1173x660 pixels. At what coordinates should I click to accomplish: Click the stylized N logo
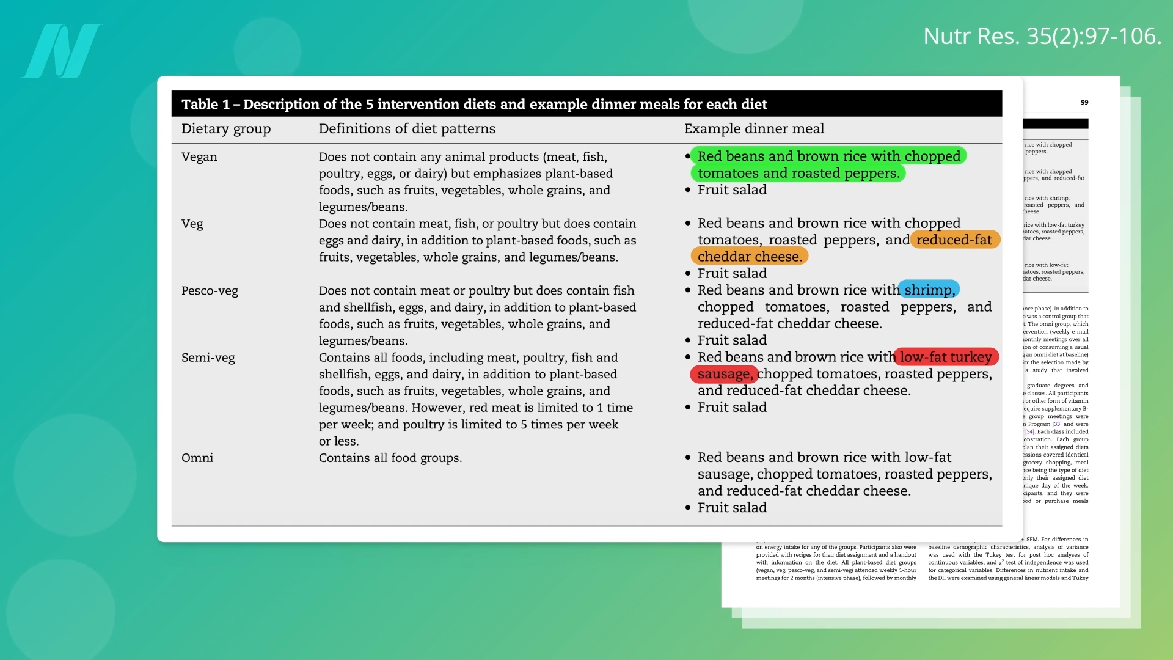61,51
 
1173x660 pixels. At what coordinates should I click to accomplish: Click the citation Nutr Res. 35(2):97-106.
1042,36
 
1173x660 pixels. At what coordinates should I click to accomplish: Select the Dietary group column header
225,129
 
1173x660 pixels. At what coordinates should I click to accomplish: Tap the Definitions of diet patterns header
407,129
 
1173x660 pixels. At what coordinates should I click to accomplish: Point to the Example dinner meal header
754,129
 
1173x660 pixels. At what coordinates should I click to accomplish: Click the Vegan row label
199,157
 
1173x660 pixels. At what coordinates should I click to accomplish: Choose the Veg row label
192,224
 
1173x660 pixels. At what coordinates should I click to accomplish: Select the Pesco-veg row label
210,291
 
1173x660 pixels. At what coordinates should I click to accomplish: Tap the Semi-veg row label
208,358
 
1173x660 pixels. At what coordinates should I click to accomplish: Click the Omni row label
197,458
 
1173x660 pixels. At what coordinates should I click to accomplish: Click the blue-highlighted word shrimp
929,290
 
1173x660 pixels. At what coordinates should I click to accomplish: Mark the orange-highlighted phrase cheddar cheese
750,257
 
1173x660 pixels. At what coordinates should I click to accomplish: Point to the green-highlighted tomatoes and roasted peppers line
798,174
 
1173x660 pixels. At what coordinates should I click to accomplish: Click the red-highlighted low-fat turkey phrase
946,357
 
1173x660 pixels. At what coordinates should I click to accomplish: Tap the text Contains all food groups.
390,458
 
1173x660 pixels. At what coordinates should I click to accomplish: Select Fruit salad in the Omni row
732,508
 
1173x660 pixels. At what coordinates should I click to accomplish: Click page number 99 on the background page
1084,102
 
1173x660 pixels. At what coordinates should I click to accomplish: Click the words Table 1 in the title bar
205,105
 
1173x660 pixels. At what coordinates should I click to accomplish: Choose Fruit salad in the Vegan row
732,190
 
